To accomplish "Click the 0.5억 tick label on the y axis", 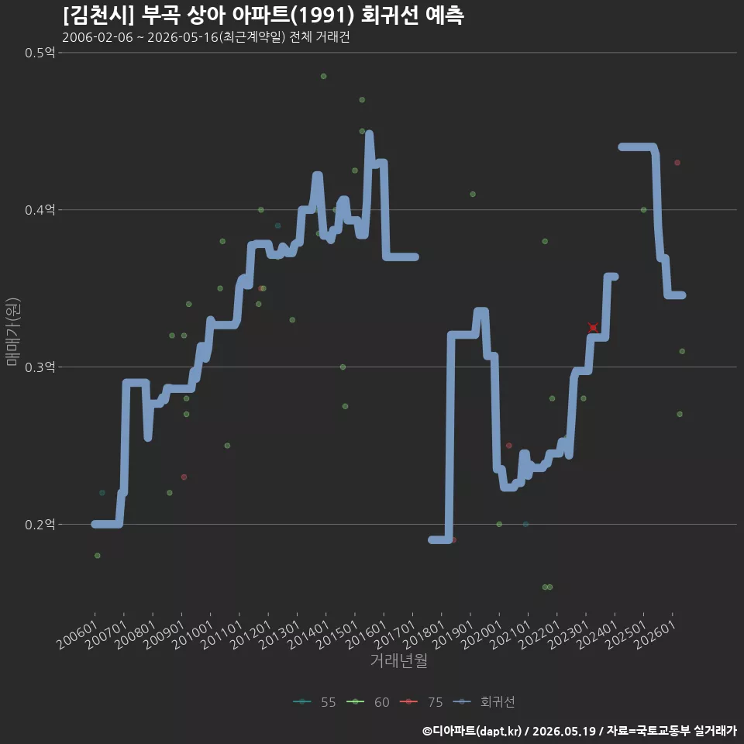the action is pos(40,52).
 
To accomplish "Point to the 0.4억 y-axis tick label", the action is pos(40,209).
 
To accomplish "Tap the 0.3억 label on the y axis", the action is pos(40,367).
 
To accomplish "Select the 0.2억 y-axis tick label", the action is pos(40,525).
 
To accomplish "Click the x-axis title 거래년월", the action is pos(398,660).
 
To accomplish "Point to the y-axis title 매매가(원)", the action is pos(12,332).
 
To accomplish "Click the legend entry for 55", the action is pos(315,702).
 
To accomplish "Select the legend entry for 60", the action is pos(368,702).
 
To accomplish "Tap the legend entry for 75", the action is pos(422,702).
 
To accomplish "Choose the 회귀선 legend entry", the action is pos(484,702).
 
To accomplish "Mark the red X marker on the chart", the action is pos(593,327).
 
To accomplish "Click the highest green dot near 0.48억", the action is pos(324,76).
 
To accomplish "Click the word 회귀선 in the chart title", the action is pos(390,15).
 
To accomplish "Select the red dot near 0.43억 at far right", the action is pos(677,163).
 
